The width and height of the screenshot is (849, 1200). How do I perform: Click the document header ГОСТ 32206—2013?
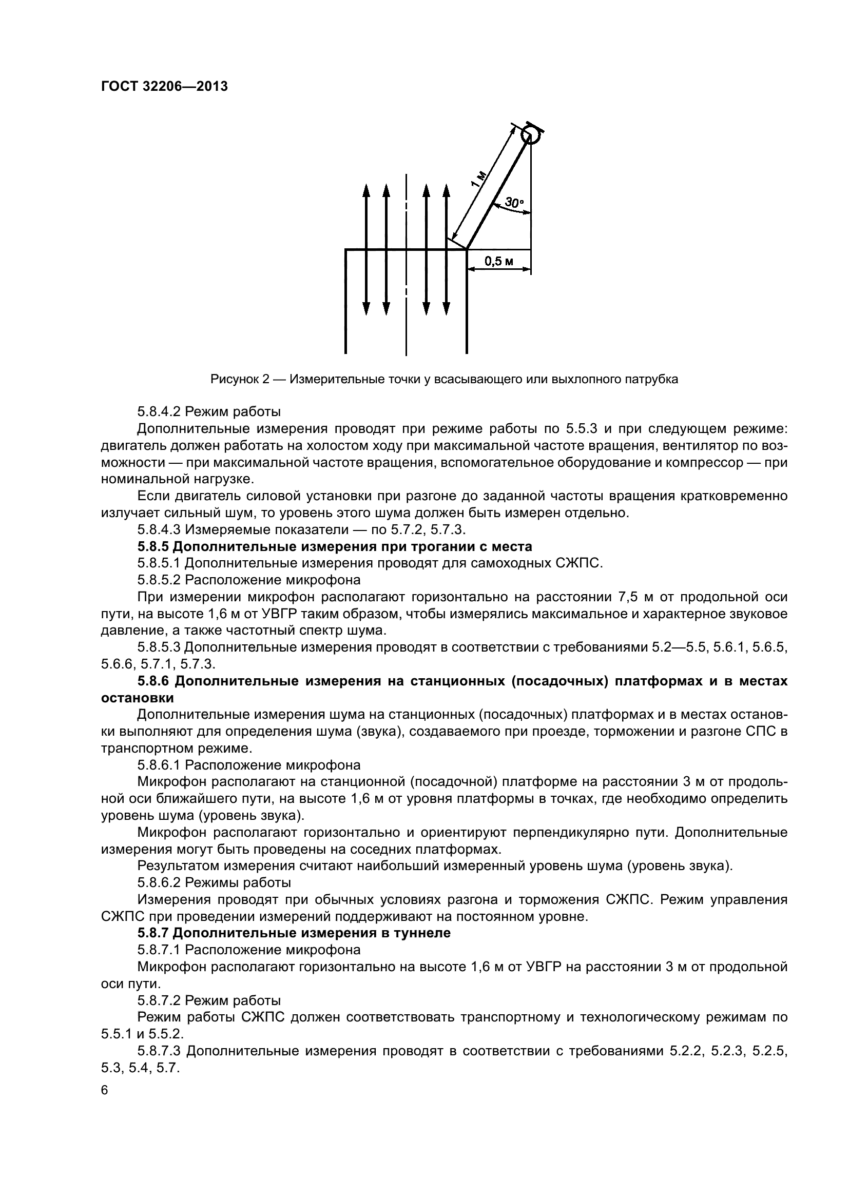tap(164, 87)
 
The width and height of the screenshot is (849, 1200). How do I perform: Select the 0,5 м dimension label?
tap(499, 261)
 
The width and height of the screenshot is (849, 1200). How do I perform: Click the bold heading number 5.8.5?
tap(152, 547)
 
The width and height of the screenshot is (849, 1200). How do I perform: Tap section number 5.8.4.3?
tap(159, 529)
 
